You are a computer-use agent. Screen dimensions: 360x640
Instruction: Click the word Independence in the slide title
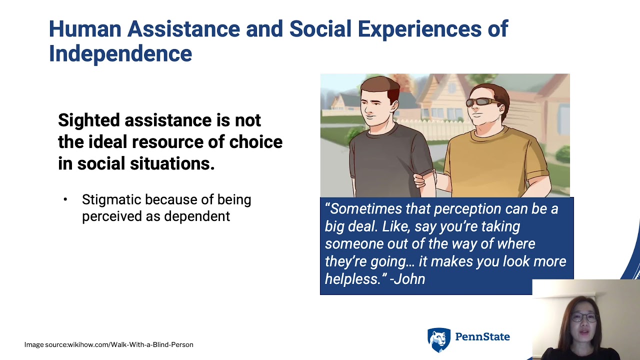[120, 53]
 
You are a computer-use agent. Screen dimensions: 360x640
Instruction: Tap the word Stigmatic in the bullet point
[110, 199]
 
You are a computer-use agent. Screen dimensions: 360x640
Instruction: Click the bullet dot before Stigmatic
[65, 200]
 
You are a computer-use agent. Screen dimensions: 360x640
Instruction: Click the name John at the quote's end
[409, 279]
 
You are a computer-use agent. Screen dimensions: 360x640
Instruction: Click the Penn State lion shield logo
[438, 339]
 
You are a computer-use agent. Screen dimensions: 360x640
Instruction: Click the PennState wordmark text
[482, 337]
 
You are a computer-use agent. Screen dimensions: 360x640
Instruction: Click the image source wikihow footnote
[109, 344]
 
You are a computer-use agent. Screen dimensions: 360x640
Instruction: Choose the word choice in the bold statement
[255, 142]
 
